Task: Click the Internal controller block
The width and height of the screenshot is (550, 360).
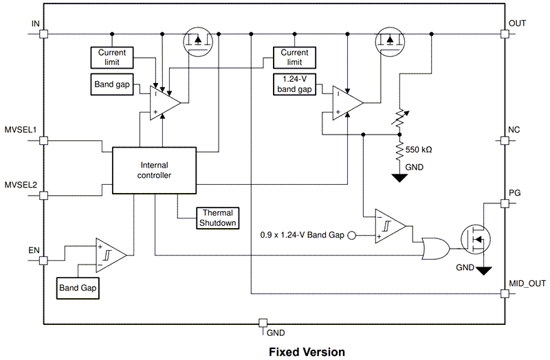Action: (155, 170)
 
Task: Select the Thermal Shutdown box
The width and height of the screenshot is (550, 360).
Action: (218, 218)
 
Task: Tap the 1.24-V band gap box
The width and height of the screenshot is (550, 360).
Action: (294, 83)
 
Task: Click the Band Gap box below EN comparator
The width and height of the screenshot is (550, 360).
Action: (78, 288)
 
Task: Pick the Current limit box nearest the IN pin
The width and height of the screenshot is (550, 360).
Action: (112, 56)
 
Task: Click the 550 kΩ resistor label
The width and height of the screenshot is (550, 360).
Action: (419, 149)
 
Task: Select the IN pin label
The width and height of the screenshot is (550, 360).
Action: (36, 24)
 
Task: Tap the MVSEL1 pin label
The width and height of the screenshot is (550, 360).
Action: (20, 129)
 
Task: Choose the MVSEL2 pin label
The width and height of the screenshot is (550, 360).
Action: (20, 185)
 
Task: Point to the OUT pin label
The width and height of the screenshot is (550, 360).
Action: (517, 23)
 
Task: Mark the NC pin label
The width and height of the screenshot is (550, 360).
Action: (514, 130)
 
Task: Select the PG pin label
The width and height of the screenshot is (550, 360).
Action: (514, 193)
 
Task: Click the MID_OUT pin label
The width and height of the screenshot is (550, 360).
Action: (526, 283)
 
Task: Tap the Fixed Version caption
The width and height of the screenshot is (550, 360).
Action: (307, 352)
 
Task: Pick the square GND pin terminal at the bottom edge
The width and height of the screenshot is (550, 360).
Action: (262, 323)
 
